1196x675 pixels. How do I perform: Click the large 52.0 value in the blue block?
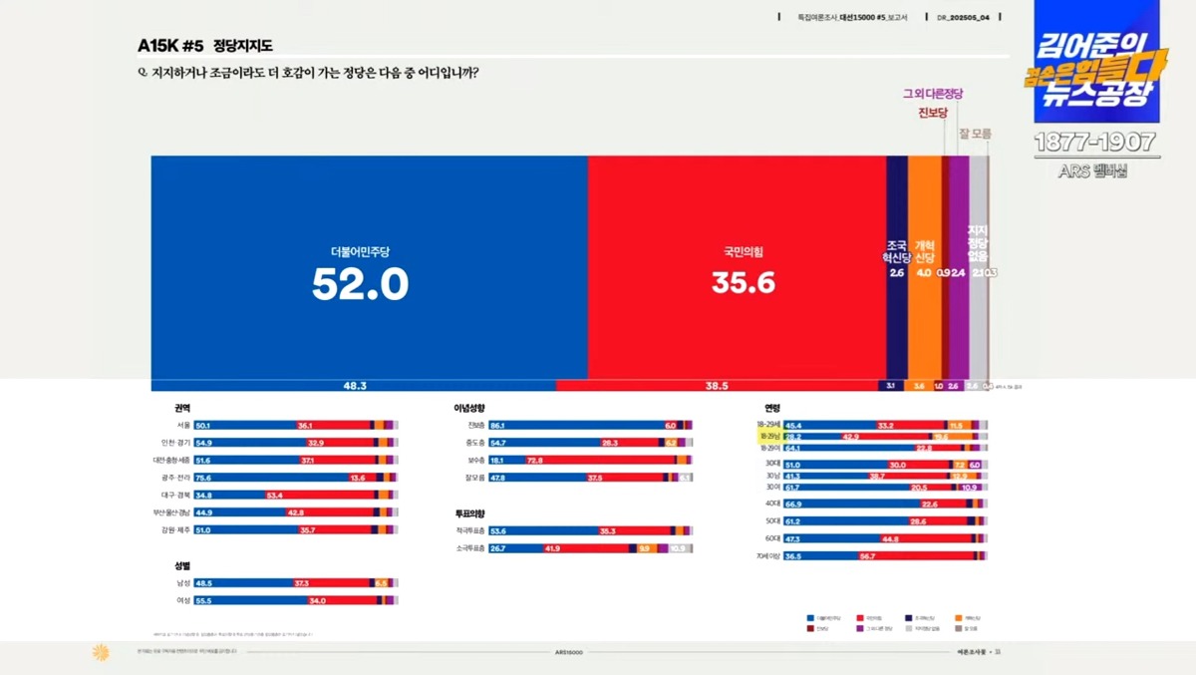pyautogui.click(x=360, y=285)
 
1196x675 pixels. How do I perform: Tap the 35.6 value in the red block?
pyautogui.click(x=743, y=284)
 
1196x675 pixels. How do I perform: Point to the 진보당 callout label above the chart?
pyautogui.click(x=932, y=113)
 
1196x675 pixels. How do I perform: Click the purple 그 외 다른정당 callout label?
pyautogui.click(x=933, y=94)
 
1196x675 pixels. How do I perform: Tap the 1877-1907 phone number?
pyautogui.click(x=1094, y=143)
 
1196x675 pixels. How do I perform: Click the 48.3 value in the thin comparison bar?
pyautogui.click(x=356, y=385)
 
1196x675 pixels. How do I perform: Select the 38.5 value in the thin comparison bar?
pyautogui.click(x=717, y=385)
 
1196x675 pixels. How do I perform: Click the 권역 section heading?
pyautogui.click(x=181, y=408)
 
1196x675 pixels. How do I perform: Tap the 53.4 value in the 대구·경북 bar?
pyautogui.click(x=275, y=496)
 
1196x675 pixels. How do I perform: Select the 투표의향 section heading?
pyautogui.click(x=469, y=513)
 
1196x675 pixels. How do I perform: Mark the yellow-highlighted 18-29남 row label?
pyautogui.click(x=768, y=437)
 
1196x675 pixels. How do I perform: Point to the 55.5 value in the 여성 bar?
pyautogui.click(x=203, y=600)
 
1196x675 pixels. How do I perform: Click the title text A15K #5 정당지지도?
pyautogui.click(x=205, y=46)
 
